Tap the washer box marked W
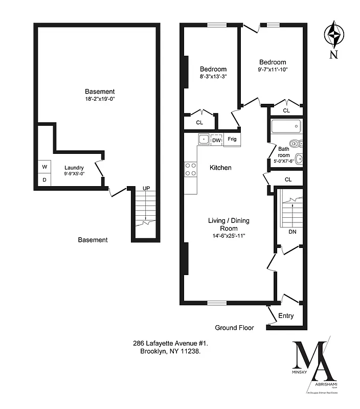click(44, 167)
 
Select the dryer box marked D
click(44, 180)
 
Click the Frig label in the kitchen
click(232, 139)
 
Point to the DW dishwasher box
click(216, 140)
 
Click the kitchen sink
click(203, 139)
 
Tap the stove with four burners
click(191, 169)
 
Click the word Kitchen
click(220, 168)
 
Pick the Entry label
click(286, 316)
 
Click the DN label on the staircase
click(292, 232)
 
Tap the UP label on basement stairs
click(146, 189)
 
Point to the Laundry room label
click(74, 167)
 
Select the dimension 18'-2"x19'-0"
click(100, 99)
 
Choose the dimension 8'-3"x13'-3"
click(213, 77)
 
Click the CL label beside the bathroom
click(288, 179)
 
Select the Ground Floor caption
click(234, 328)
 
